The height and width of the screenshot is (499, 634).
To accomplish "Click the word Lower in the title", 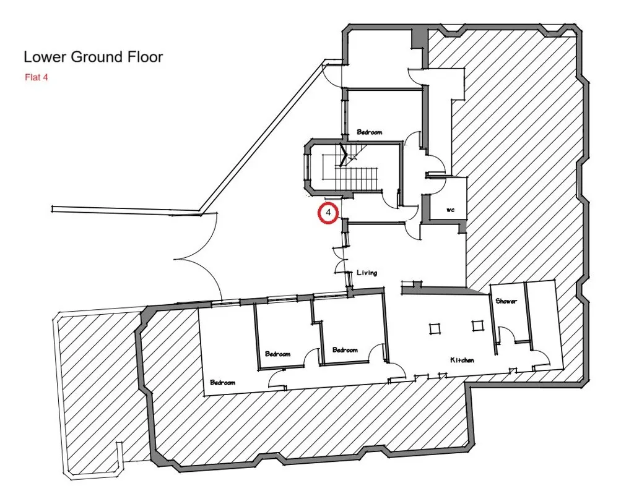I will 45,58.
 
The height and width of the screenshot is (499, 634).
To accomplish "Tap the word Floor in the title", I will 144,58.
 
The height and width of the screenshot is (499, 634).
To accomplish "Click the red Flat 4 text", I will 37,78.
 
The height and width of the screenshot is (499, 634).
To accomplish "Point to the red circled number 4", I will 329,213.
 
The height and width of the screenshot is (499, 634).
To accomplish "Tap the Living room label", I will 367,273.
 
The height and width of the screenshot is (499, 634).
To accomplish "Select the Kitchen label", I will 462,360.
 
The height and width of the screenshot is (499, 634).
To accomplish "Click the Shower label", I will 506,301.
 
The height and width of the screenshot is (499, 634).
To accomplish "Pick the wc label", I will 451,210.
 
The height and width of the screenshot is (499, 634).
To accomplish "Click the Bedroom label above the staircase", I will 370,132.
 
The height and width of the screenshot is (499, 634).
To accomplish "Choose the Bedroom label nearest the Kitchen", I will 345,350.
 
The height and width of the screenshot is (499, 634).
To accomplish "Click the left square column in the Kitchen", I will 434,327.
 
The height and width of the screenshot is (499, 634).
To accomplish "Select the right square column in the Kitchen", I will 477,325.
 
